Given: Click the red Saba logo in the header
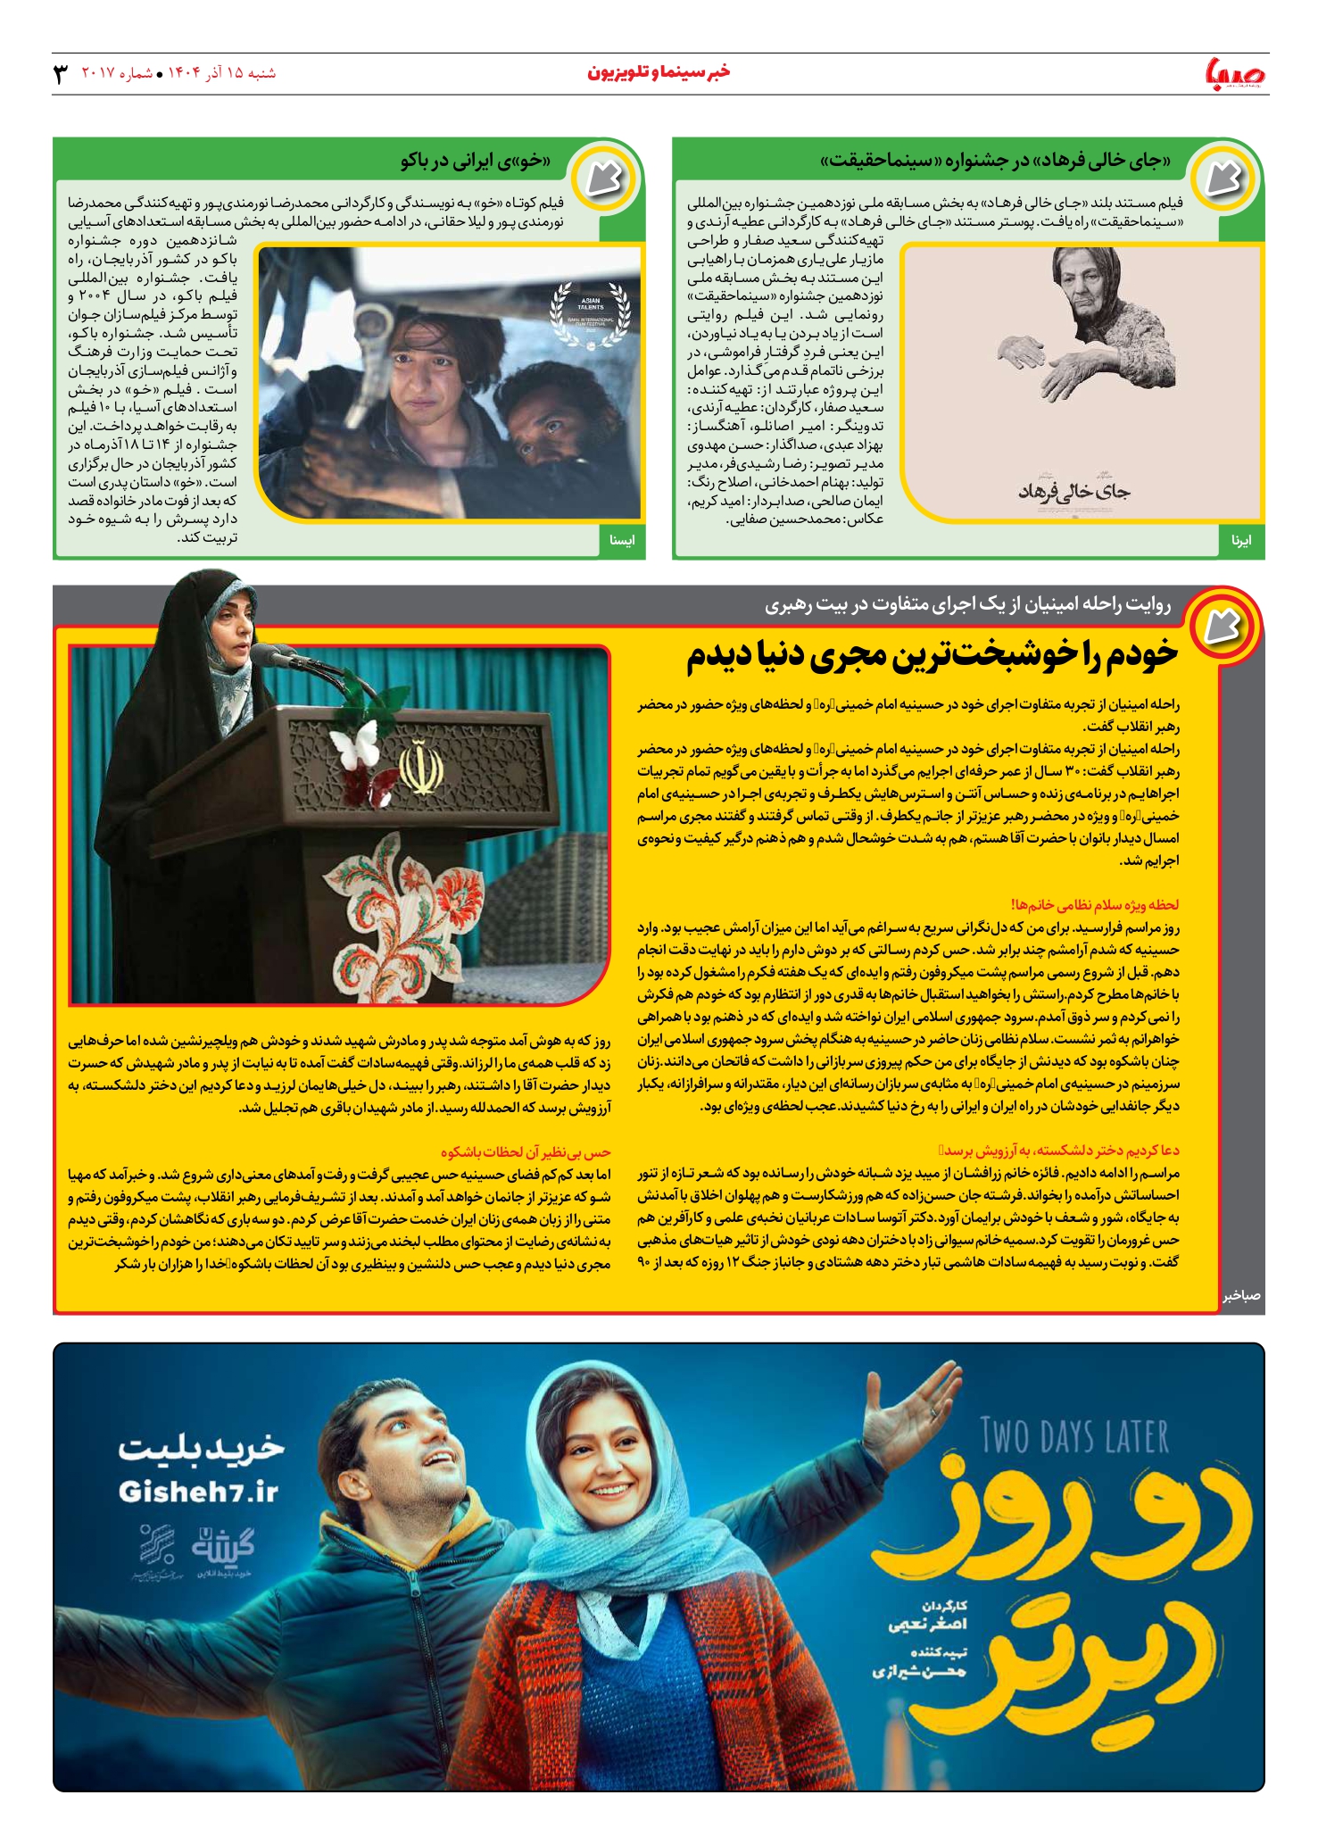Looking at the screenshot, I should click(x=1235, y=72).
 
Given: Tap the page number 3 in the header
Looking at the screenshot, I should click(x=61, y=73).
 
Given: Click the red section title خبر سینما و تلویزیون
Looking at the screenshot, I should click(x=659, y=72).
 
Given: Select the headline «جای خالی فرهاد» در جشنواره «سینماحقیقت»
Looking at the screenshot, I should click(x=996, y=162).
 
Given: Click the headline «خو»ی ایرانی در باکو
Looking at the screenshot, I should click(x=475, y=162).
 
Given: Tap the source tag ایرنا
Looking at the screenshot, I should click(x=1240, y=541).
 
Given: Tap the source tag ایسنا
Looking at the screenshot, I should click(x=621, y=541).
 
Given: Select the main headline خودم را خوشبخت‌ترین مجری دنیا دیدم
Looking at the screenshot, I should click(x=932, y=656).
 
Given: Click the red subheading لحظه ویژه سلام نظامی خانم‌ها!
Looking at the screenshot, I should click(x=1094, y=905).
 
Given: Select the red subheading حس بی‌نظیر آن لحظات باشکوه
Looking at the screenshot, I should click(x=526, y=1152).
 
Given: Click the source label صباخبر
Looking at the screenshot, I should click(x=1241, y=1295).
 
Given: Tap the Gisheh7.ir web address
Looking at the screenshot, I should click(x=198, y=1492).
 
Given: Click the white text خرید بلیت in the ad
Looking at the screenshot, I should click(x=202, y=1448).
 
